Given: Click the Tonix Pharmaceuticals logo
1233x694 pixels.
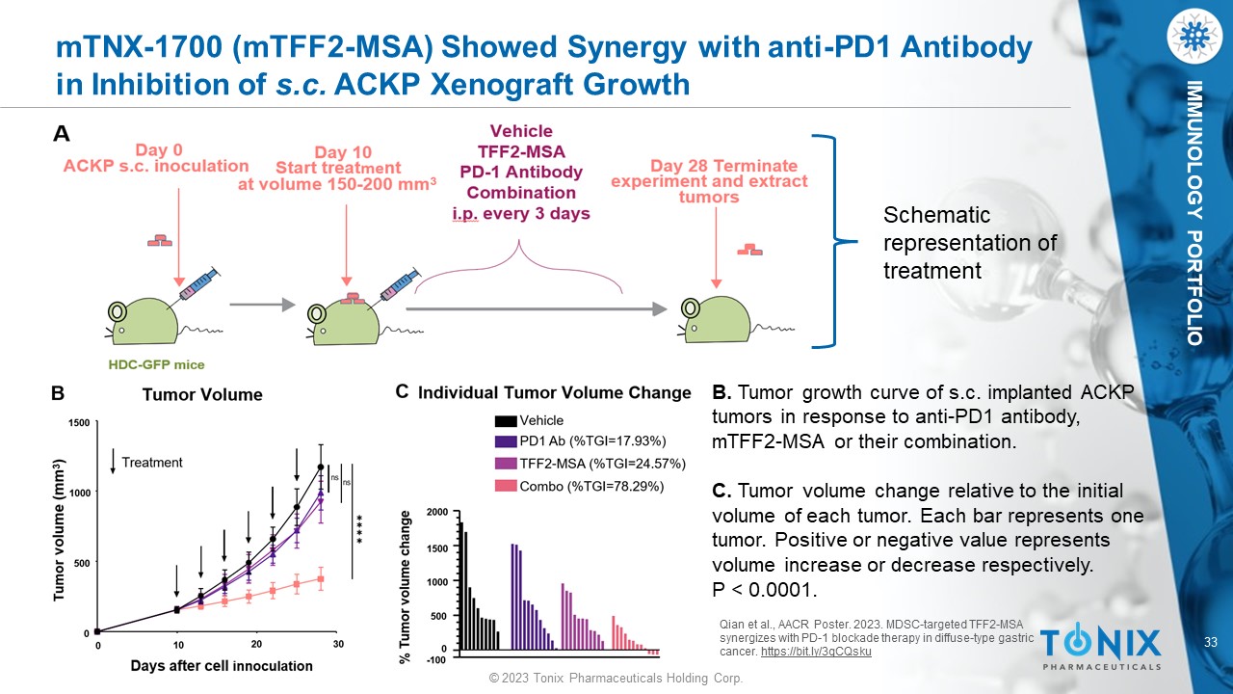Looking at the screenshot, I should pos(1100,648).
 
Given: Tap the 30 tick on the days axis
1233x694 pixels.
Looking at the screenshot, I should pos(337,644).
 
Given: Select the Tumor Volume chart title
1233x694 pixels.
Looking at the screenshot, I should pos(202,394).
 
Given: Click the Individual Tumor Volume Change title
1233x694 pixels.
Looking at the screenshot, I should pos(554,392).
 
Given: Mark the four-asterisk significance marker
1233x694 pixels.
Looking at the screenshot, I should pos(358,526).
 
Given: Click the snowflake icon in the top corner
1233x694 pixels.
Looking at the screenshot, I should pos(1193,36).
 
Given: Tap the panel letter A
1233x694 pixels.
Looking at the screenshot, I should pos(61,136).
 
